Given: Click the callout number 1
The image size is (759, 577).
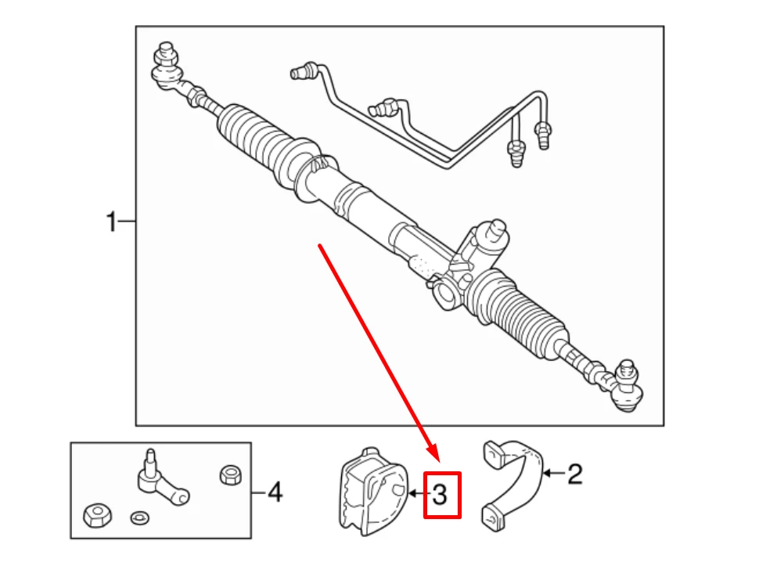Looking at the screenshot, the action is click(x=111, y=222).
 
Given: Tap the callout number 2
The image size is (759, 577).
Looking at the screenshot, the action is click(x=574, y=474).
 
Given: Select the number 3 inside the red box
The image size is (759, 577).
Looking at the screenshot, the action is click(x=440, y=495).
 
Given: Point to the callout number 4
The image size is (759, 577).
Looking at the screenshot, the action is click(x=275, y=492).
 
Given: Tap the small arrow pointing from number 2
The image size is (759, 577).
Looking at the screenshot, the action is click(x=554, y=473).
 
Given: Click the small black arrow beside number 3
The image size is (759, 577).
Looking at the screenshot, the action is click(x=419, y=494).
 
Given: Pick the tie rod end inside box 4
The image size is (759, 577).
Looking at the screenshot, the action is click(x=160, y=480).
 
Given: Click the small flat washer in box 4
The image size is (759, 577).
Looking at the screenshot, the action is click(x=139, y=518).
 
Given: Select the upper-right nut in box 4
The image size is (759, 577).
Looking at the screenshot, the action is click(x=230, y=474).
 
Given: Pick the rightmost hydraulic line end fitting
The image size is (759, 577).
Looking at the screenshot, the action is click(x=542, y=135).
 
